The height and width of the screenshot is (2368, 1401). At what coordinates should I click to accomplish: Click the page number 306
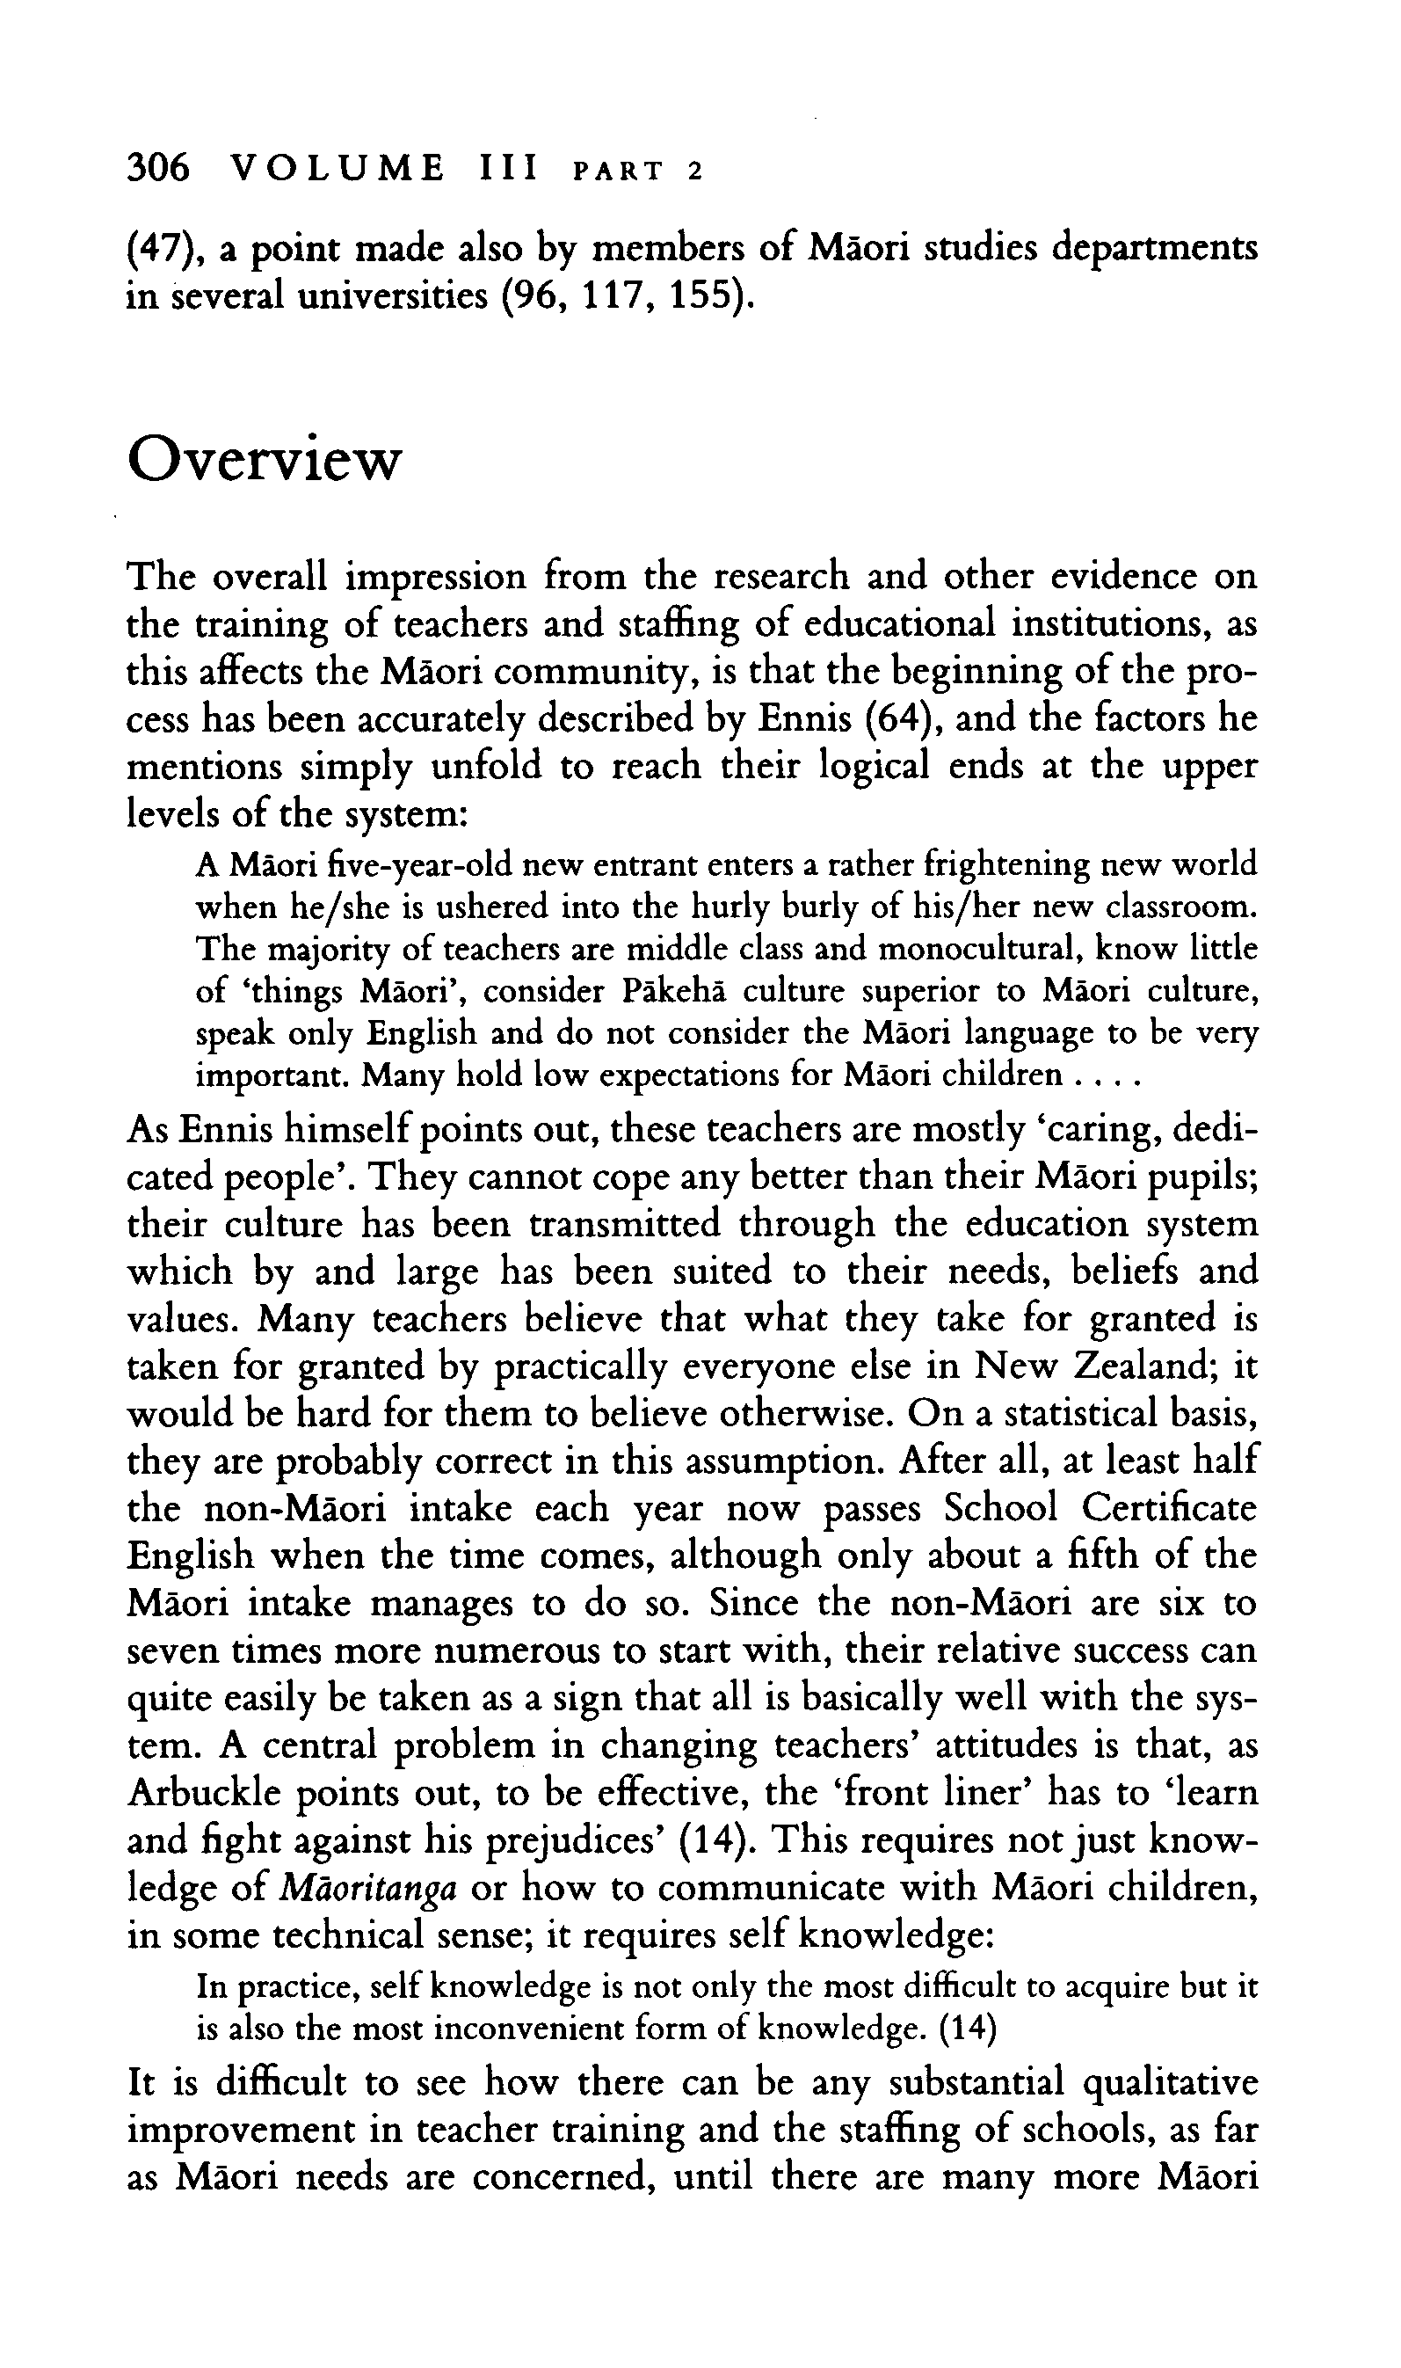point(157,168)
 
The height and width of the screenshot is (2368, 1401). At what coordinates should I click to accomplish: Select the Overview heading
point(264,461)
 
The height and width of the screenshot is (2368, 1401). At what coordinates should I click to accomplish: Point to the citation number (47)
point(161,248)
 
